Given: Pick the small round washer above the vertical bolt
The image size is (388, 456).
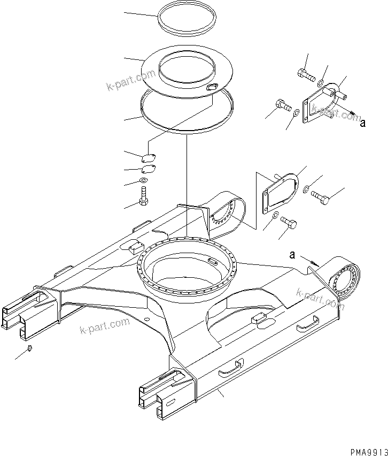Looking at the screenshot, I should pos(143,181).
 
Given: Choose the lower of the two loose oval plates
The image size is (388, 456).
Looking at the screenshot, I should pos(148,169).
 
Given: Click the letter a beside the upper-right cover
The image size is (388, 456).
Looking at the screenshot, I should pos(362,124).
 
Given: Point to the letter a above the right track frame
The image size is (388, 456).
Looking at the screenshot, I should pos(292,255).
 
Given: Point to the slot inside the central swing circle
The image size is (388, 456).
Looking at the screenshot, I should pos(212,261).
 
